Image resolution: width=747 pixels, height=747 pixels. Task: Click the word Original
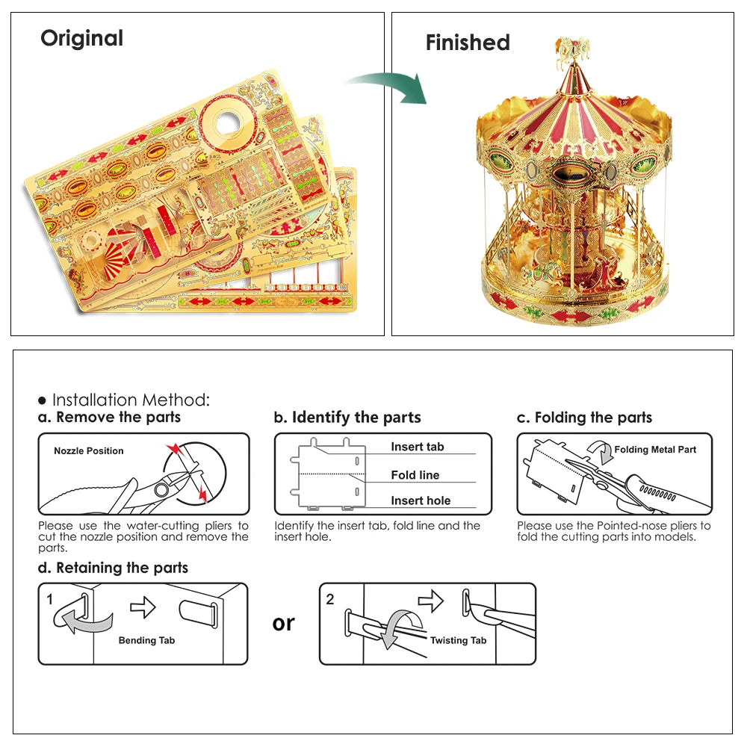81,38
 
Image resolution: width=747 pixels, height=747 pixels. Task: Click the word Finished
468,43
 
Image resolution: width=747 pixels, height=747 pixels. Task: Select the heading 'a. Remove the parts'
110,417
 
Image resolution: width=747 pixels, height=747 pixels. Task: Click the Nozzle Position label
89,451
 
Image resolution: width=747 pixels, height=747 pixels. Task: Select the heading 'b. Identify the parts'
347,417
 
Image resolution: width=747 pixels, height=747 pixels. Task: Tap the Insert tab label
417,447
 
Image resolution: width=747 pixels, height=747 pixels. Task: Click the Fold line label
415,475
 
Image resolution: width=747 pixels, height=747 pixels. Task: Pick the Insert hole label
421,500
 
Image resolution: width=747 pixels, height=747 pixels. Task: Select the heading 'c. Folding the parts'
584,417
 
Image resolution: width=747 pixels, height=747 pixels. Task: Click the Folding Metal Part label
655,450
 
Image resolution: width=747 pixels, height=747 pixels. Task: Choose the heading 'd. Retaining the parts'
114,568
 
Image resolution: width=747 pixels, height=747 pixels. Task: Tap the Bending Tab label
146,640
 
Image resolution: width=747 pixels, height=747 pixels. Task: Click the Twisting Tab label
458,640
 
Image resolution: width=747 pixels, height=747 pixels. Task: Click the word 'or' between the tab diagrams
284,623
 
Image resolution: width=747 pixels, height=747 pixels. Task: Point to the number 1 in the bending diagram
50,599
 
